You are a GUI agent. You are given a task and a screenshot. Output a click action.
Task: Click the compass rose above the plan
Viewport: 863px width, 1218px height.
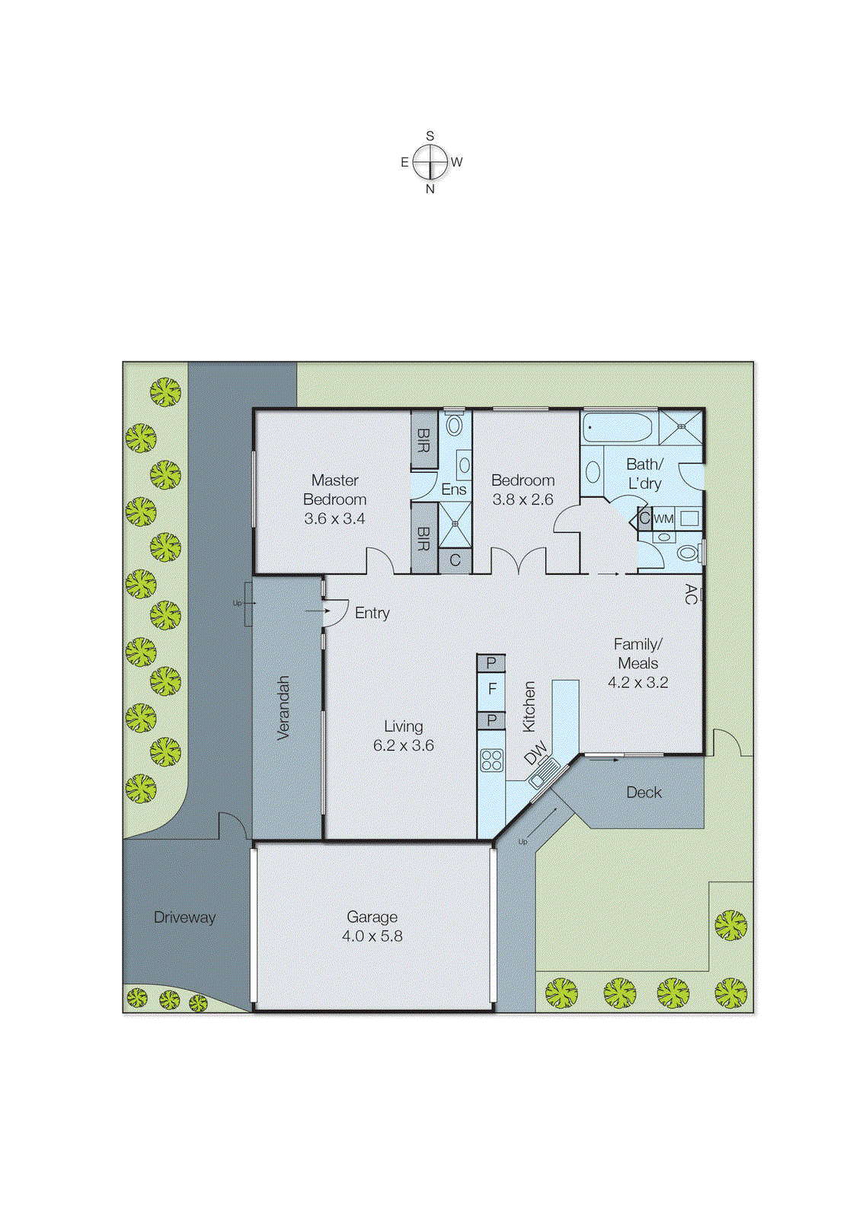point(430,162)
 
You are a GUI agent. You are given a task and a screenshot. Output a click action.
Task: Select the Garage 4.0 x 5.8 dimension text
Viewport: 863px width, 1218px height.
point(372,936)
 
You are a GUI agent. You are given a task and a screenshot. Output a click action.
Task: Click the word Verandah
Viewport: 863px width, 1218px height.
point(283,707)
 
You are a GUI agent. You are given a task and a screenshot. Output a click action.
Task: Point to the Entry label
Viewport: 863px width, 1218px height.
point(372,613)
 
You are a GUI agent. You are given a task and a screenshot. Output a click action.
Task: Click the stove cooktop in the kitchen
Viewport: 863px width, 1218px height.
point(491,760)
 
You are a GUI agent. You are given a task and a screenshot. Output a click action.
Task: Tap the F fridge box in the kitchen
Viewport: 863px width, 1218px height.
point(491,689)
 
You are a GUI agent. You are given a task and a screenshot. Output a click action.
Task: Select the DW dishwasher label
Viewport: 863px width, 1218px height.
point(535,752)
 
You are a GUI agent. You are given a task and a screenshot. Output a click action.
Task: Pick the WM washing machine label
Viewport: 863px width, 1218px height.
point(663,519)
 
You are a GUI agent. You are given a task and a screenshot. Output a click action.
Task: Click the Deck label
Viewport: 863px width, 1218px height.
point(644,792)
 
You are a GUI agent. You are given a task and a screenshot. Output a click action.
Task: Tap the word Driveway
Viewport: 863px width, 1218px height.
point(184,917)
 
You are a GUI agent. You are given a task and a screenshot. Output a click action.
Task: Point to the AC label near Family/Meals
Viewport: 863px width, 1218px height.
point(690,594)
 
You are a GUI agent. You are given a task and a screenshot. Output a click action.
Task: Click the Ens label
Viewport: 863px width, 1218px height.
point(453,489)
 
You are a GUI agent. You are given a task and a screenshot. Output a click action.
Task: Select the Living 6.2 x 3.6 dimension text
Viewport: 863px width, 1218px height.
point(403,746)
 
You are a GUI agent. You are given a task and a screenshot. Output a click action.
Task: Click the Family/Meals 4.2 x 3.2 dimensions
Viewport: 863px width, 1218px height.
point(638,683)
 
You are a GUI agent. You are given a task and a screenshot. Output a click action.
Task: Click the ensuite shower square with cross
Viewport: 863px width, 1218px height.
point(455,524)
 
